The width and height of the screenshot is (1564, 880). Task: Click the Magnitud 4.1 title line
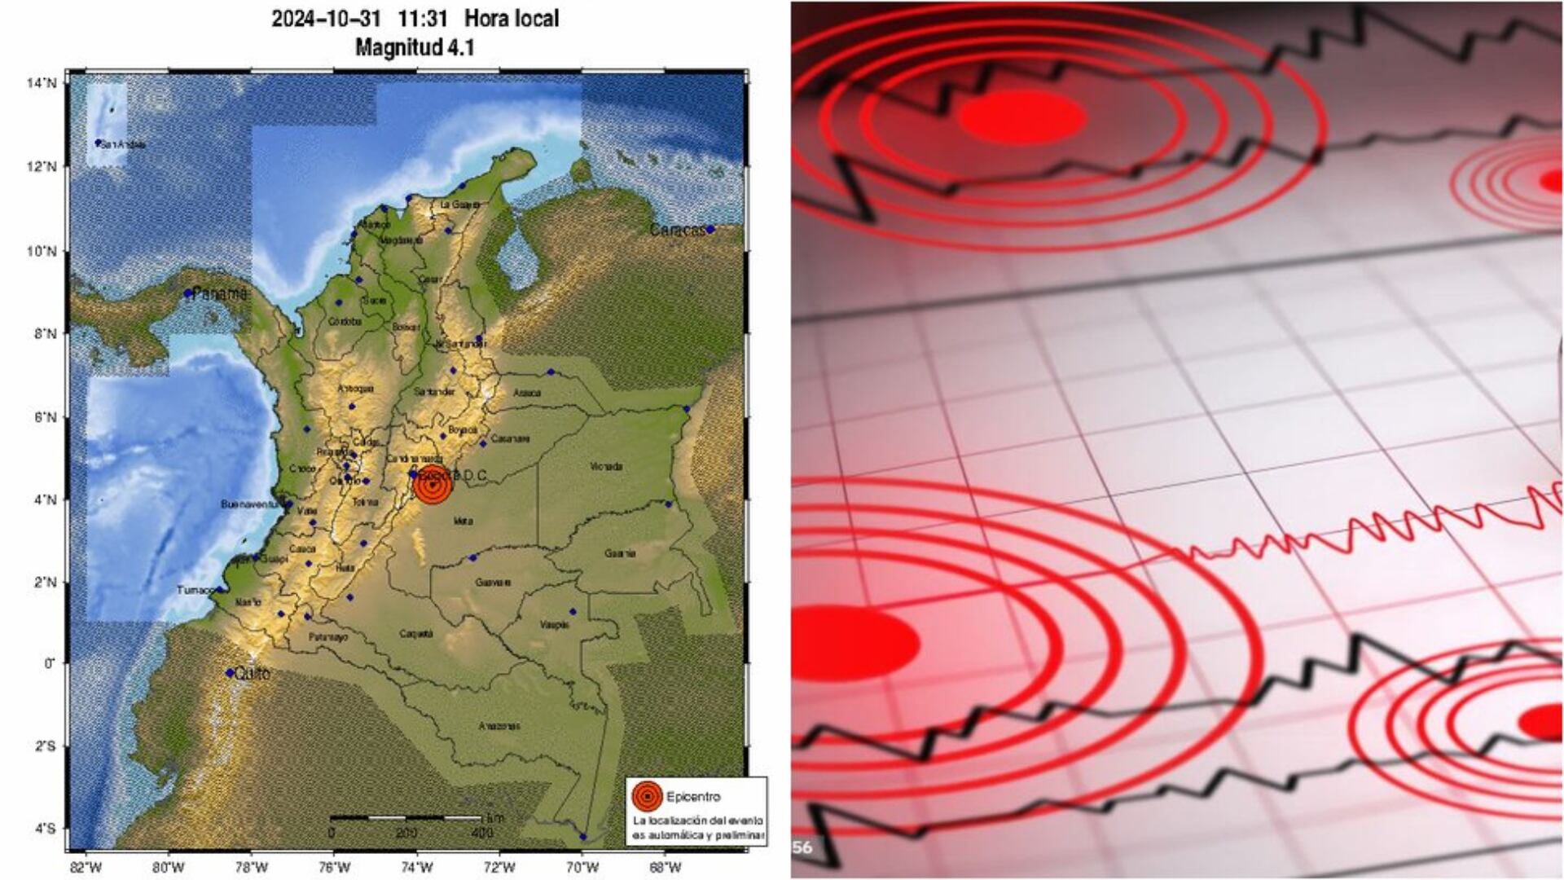coord(415,47)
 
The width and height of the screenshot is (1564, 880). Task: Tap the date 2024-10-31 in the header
coord(326,18)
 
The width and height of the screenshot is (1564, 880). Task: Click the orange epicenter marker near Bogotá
coord(432,486)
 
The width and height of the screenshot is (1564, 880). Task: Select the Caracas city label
coord(677,231)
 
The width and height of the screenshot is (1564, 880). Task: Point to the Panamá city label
coord(218,293)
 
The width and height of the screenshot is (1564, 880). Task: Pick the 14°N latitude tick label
coord(42,83)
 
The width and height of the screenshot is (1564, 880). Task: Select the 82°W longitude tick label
coord(86,867)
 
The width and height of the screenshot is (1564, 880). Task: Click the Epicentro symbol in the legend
coord(647,796)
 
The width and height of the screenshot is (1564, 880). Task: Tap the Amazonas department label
coord(499,726)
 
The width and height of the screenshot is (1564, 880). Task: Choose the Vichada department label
coord(606,467)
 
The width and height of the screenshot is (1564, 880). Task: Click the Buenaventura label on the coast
coord(250,504)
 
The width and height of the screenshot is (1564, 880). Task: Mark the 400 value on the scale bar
coord(482,833)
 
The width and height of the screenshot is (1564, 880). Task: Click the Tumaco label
coord(195,590)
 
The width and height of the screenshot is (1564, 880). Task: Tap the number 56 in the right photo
coord(802,847)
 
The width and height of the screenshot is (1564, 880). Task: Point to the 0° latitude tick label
coord(48,663)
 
